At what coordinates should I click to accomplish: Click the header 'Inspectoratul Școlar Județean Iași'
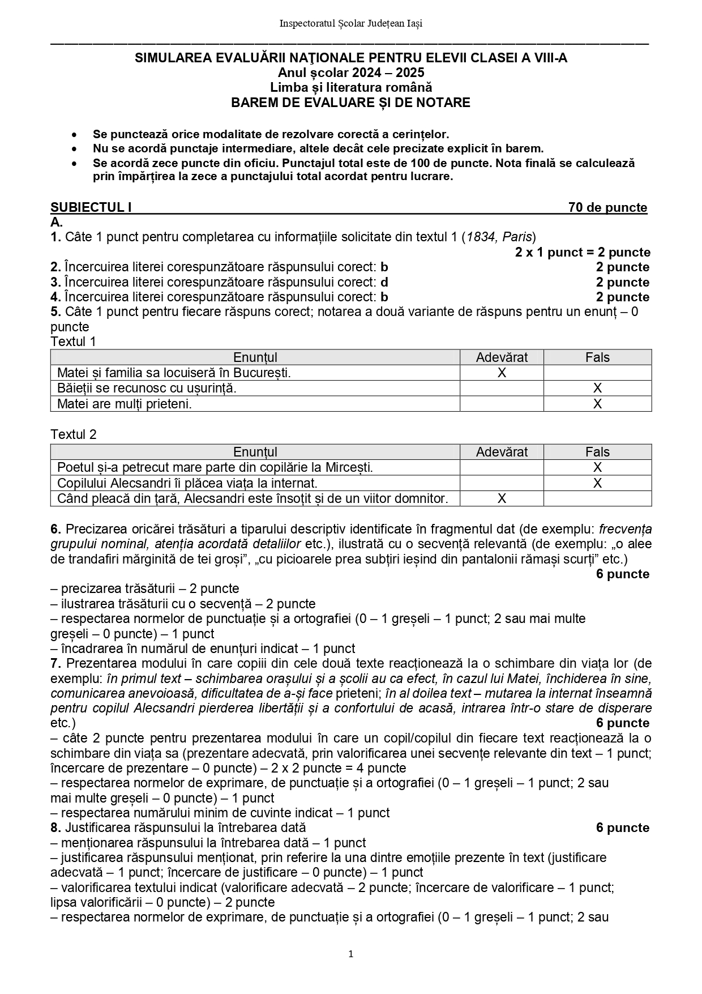pyautogui.click(x=350, y=23)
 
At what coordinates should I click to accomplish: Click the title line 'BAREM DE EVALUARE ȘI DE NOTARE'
pyautogui.click(x=350, y=103)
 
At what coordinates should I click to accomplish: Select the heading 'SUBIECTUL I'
pyautogui.click(x=91, y=207)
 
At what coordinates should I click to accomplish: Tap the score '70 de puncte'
pyautogui.click(x=607, y=207)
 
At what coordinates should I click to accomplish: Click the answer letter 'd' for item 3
pyautogui.click(x=384, y=282)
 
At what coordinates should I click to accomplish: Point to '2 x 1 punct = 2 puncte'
pyautogui.click(x=583, y=252)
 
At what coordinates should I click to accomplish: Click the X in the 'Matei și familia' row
pyautogui.click(x=502, y=373)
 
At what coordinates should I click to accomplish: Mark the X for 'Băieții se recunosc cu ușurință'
pyautogui.click(x=597, y=388)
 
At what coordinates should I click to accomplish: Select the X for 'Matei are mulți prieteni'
pyautogui.click(x=597, y=404)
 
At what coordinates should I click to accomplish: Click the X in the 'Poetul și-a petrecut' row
pyautogui.click(x=597, y=467)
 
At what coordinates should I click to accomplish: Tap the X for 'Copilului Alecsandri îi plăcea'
pyautogui.click(x=597, y=483)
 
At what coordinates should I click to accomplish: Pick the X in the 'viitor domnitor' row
pyautogui.click(x=502, y=498)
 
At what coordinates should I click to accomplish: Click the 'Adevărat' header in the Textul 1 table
pyautogui.click(x=502, y=357)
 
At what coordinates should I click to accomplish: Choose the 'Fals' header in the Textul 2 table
pyautogui.click(x=597, y=452)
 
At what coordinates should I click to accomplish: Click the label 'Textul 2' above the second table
pyautogui.click(x=74, y=434)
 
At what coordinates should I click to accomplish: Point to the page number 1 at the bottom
pyautogui.click(x=351, y=954)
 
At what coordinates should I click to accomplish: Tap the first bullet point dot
pyautogui.click(x=74, y=135)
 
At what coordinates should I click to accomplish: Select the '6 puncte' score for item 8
pyautogui.click(x=622, y=828)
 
